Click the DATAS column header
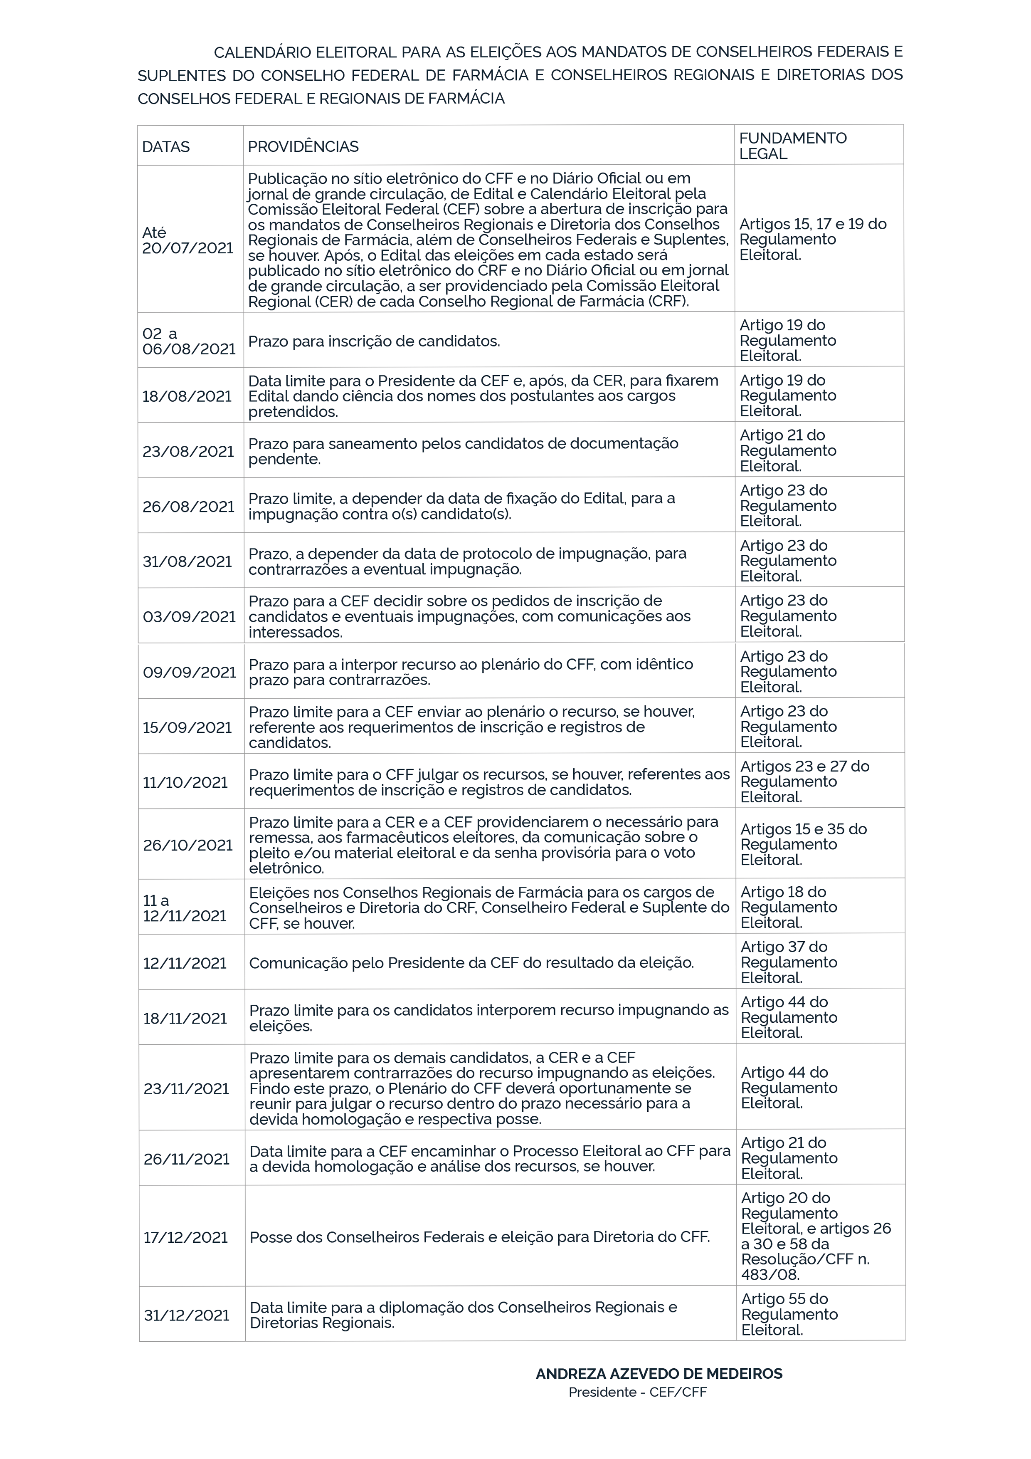click(166, 147)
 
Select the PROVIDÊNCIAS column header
click(303, 147)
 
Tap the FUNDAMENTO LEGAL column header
click(793, 146)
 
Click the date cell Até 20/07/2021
click(187, 240)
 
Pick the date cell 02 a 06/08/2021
click(189, 341)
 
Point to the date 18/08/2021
click(187, 396)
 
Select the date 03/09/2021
click(189, 616)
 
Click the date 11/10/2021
click(185, 782)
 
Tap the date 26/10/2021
click(187, 845)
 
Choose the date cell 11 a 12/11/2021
click(184, 908)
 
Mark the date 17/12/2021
click(185, 1237)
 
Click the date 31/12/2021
click(186, 1316)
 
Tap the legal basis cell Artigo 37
click(788, 963)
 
